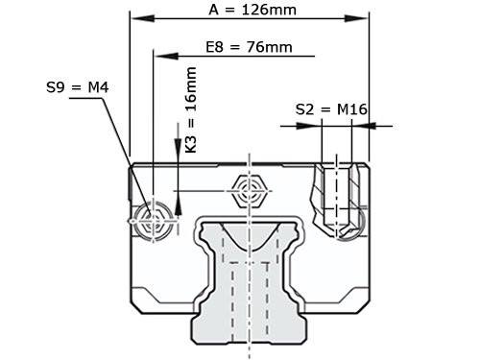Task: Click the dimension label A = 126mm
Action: [252, 11]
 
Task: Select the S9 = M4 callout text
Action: [78, 87]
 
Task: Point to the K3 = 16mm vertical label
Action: [191, 110]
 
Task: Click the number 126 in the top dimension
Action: [263, 11]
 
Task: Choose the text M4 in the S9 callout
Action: [97, 87]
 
